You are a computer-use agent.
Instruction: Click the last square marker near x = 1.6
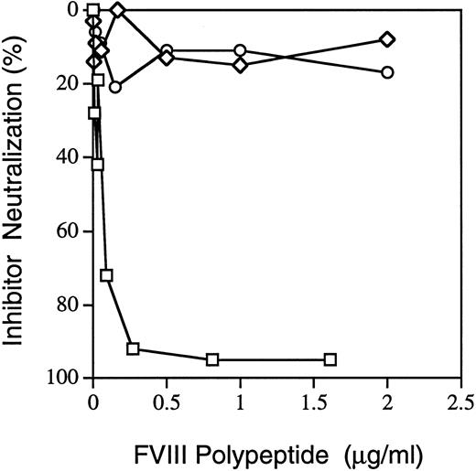click(330, 359)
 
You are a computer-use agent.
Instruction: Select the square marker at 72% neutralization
click(106, 275)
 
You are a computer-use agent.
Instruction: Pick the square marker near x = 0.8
click(212, 359)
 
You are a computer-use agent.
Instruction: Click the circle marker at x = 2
click(387, 72)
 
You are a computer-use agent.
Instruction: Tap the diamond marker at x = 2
click(387, 39)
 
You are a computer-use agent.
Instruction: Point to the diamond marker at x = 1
click(240, 65)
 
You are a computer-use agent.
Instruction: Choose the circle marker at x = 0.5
click(166, 50)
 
